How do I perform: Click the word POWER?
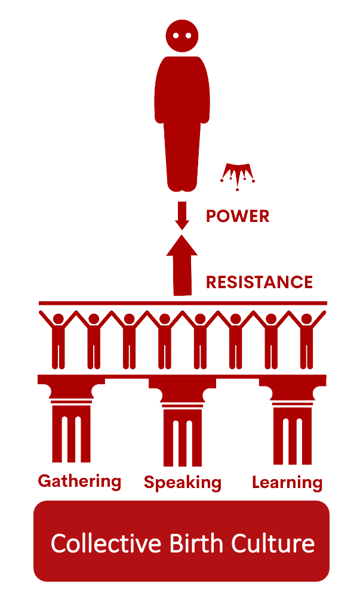click(x=238, y=216)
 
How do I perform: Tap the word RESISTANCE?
click(x=259, y=282)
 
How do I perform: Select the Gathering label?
click(x=79, y=481)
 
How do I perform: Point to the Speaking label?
click(x=182, y=483)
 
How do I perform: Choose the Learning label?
click(x=287, y=482)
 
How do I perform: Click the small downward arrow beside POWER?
click(x=182, y=215)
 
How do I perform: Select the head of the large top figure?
click(x=181, y=35)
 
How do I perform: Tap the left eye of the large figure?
click(x=176, y=35)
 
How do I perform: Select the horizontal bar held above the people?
click(x=182, y=303)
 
